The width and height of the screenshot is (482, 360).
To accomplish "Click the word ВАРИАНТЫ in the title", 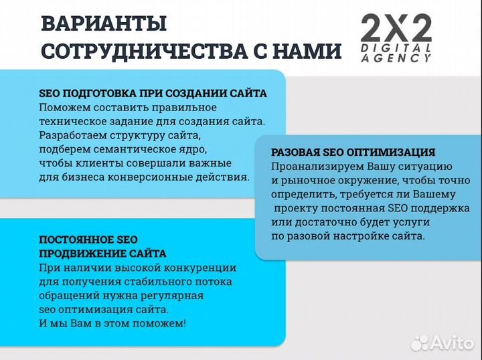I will [104, 24].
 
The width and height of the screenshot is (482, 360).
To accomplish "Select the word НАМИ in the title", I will [307, 52].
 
